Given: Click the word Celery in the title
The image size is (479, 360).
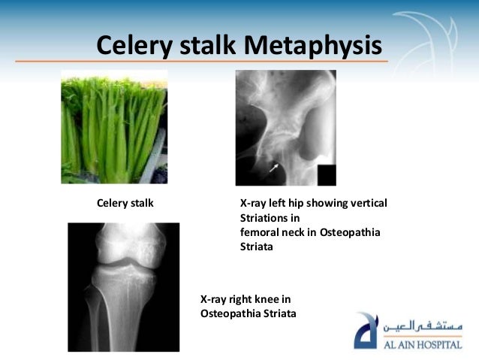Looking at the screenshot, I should coord(135,44).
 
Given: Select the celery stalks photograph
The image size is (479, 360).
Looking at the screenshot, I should coord(114,127).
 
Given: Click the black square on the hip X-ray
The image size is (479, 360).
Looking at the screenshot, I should coord(327,174).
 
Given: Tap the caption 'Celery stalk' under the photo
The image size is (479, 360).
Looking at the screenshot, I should coord(125,203).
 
